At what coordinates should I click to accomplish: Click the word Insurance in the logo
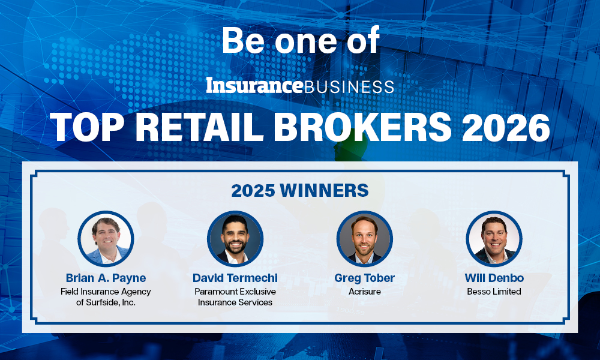pos(254,85)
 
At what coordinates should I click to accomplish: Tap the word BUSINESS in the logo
pos(349,87)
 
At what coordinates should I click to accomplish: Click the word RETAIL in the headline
pos(199,127)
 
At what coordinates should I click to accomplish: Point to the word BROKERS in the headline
pos(363,127)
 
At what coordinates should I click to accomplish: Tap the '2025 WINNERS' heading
pos(300,191)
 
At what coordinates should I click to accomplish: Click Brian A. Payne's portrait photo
pos(106,239)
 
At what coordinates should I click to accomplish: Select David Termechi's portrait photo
pos(235,239)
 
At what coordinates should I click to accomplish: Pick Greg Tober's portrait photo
pos(365,239)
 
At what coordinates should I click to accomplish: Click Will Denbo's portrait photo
pos(494,239)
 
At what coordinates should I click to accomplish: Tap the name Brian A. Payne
pos(106,278)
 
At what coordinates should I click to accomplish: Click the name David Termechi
pos(235,278)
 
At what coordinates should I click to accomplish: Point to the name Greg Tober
pos(364,278)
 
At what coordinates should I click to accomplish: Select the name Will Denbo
pos(494,278)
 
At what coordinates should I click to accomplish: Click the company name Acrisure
pos(365,292)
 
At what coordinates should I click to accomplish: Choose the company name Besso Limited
pos(494,292)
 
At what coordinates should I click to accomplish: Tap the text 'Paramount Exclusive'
pos(235,292)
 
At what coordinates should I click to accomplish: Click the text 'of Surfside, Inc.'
pos(106,302)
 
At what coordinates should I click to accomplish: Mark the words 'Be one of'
pos(301,40)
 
